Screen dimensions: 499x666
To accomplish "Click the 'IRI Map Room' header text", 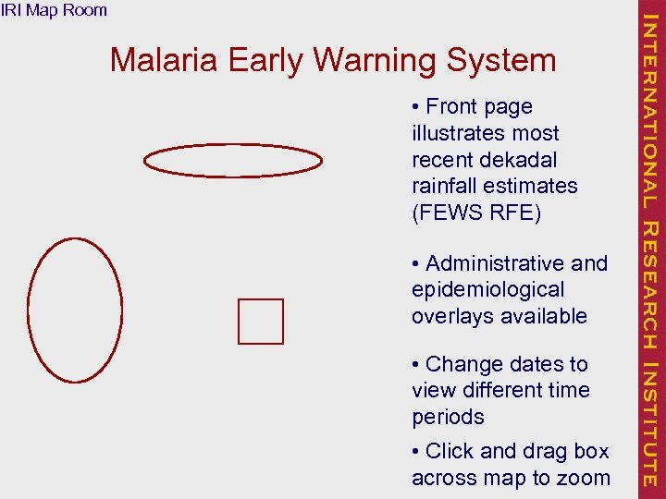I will [x=54, y=10].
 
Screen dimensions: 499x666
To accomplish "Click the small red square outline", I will [x=261, y=322].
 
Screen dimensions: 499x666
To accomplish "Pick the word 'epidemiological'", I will [x=487, y=290].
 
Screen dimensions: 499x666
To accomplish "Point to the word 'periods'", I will [x=448, y=417].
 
